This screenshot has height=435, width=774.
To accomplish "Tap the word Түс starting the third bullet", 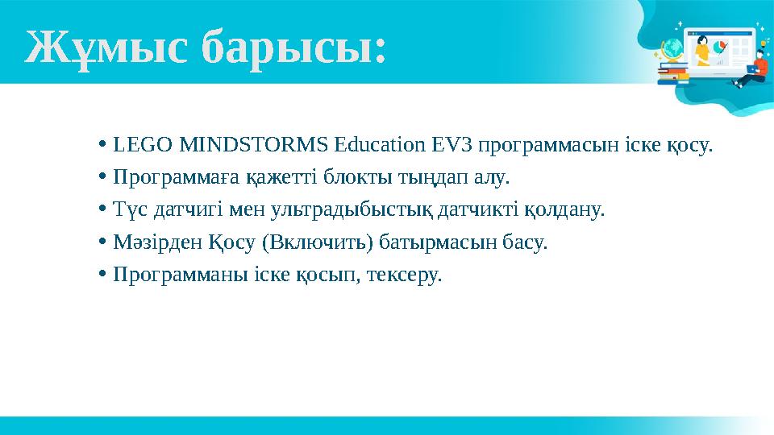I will click(128, 210).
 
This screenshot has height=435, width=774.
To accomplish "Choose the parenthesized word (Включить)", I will click(309, 242).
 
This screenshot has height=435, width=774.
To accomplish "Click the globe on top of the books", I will click(671, 50).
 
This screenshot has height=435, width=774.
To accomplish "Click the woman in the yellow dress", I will click(702, 51).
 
